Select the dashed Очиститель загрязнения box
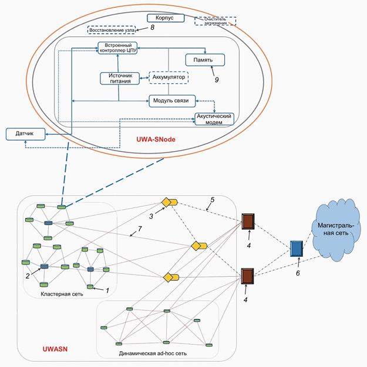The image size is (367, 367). [x=215, y=21]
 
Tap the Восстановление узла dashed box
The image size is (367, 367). [x=113, y=29]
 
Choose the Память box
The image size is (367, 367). [x=205, y=60]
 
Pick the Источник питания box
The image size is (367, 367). [x=119, y=79]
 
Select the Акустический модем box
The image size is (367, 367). [x=214, y=119]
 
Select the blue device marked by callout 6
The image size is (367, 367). [x=297, y=249]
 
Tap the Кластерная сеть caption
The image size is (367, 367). [x=61, y=293]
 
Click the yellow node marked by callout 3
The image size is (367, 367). [x=169, y=202]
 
